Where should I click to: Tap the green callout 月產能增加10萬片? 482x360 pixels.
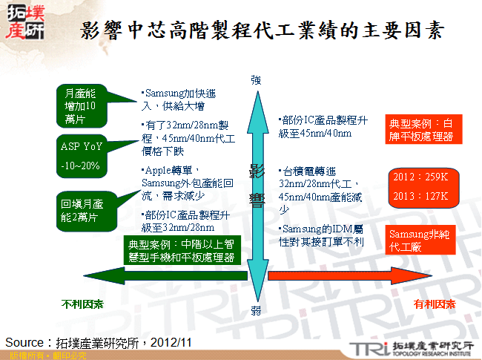[x=81, y=105]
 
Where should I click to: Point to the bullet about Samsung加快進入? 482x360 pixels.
[x=179, y=99]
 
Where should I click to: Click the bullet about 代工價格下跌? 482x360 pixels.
[x=182, y=138]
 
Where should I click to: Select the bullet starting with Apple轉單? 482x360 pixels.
[x=180, y=183]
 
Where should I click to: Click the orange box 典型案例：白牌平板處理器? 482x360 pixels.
[x=424, y=130]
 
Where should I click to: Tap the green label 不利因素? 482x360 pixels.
[x=82, y=304]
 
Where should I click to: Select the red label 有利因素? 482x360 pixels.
[x=435, y=304]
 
